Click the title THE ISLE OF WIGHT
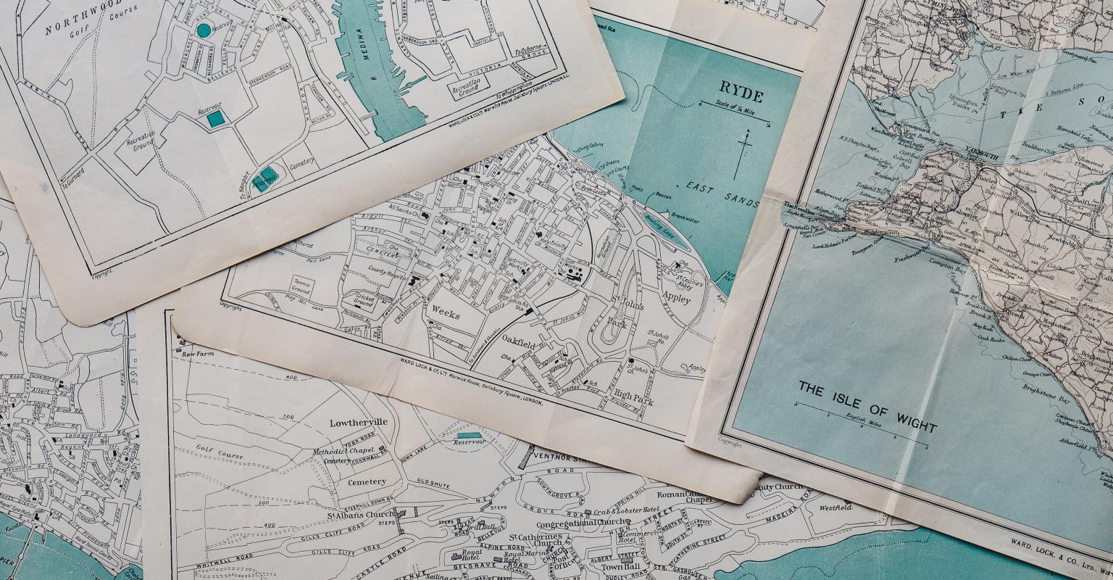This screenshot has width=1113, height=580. (867, 407)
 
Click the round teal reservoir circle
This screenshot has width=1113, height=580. (204, 30)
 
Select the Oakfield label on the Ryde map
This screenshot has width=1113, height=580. (518, 339)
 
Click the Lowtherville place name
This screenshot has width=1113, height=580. (358, 423)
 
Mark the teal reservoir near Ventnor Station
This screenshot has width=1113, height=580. (468, 436)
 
